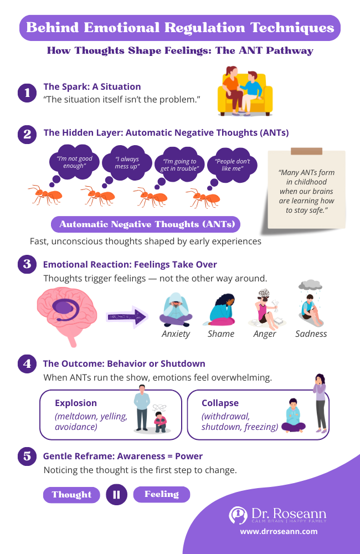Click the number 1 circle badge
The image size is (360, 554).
coord(27,93)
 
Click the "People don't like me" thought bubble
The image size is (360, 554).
coord(232,165)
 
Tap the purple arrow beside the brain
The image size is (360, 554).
coord(127,317)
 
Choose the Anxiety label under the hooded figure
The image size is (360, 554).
coord(176,334)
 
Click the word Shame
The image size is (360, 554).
coord(221,334)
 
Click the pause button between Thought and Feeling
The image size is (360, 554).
coord(116,495)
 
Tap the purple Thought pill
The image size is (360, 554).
coord(71,495)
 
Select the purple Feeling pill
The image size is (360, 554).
coord(162,494)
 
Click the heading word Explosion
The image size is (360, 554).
coord(76,403)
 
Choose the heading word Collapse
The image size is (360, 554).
coord(220,403)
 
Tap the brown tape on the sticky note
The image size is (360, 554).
coord(306,151)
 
